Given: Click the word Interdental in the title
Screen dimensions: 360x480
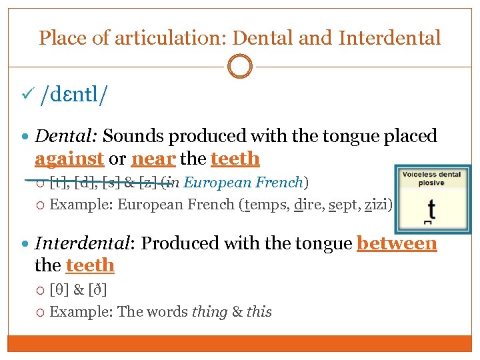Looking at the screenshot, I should tap(389, 38).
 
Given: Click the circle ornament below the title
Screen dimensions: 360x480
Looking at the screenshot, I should tap(240, 67).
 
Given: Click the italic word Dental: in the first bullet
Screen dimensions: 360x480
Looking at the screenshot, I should tap(67, 137).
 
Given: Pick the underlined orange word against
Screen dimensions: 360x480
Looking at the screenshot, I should tap(69, 159).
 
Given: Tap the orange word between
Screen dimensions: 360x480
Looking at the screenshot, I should tap(397, 243).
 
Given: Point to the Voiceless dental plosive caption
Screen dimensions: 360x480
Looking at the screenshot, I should tap(431, 179).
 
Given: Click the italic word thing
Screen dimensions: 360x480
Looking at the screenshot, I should tap(209, 312).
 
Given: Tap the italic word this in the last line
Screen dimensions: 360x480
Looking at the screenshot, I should tap(259, 312).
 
